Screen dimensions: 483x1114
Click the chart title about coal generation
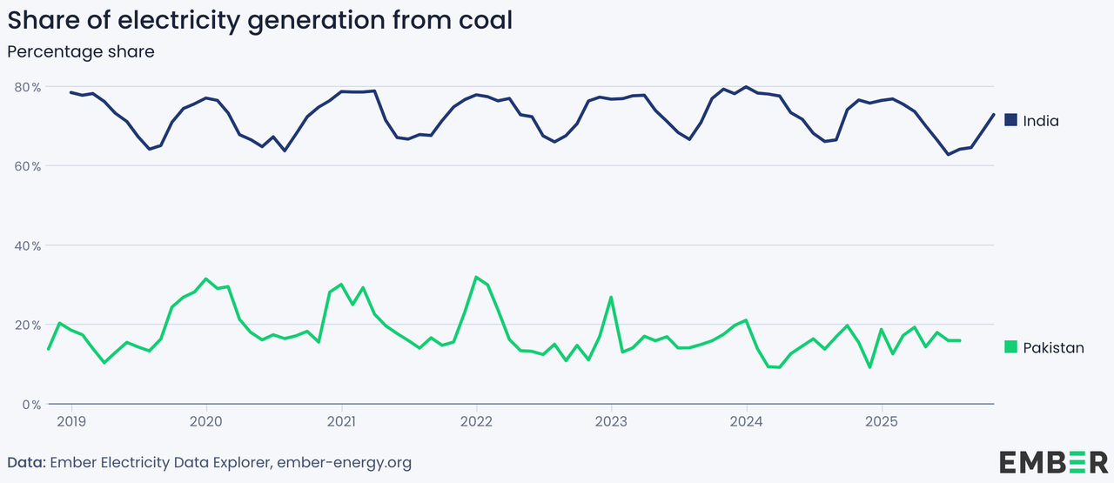tap(259, 21)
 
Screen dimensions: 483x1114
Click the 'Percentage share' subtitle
tap(81, 52)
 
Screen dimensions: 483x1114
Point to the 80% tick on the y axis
tap(26, 87)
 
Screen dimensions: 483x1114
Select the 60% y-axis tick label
tap(26, 166)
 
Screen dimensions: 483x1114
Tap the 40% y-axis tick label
tap(26, 245)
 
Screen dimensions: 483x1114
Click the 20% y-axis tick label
tap(26, 325)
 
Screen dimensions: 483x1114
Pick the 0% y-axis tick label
tap(30, 405)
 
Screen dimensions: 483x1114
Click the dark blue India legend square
tap(1010, 120)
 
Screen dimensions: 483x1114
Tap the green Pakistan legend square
tap(1010, 347)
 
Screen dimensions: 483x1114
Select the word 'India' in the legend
tap(1041, 121)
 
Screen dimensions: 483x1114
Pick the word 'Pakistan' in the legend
tap(1054, 348)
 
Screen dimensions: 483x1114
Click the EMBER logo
tap(1053, 461)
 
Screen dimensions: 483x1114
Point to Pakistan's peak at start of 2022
tap(476, 277)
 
